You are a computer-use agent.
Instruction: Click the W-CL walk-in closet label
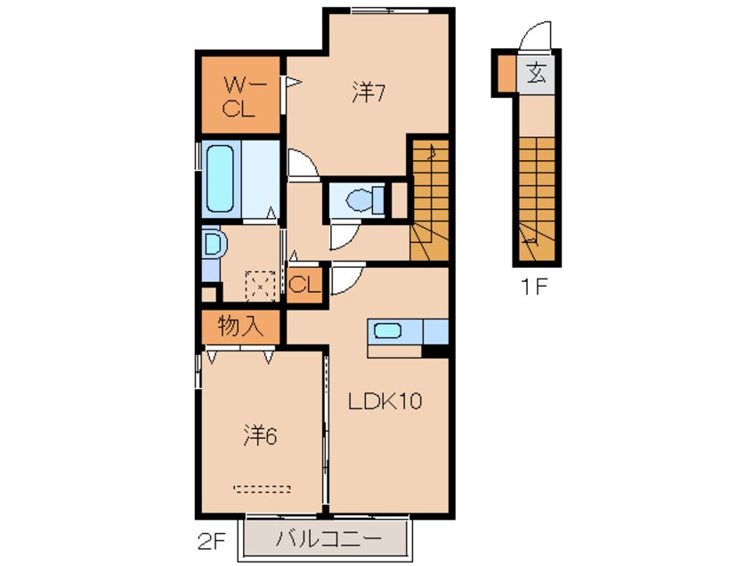pos(239,98)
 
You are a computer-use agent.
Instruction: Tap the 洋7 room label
pos(367,93)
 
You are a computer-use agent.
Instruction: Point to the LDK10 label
pos(384,401)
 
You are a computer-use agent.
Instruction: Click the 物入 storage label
pos(240,326)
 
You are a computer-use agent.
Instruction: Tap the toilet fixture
pos(361,199)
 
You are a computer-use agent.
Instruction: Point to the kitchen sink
pos(388,331)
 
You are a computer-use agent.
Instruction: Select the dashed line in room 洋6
pos(263,488)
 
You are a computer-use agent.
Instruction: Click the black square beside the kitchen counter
pos(435,351)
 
